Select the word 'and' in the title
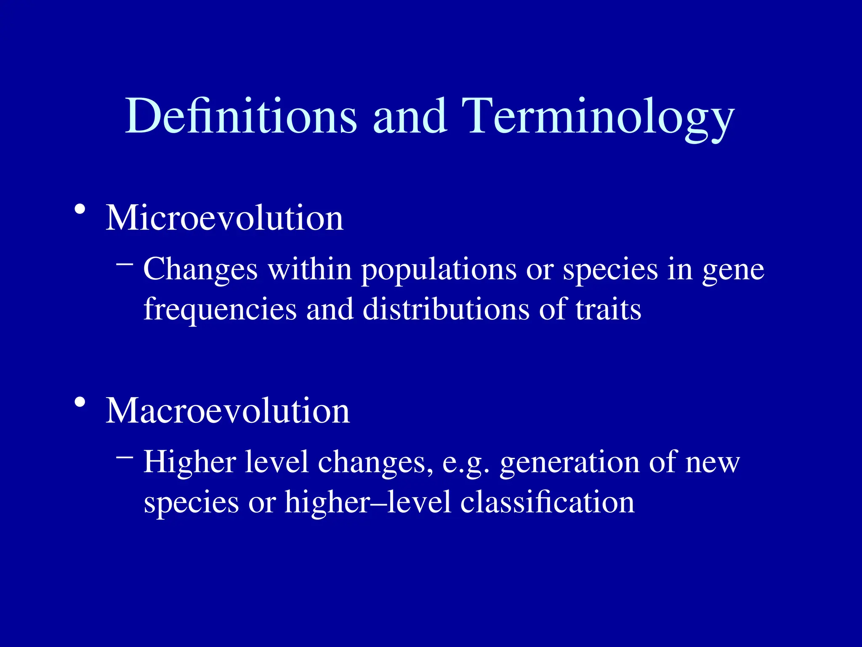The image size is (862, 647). pyautogui.click(x=410, y=116)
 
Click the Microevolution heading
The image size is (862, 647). pyautogui.click(x=224, y=218)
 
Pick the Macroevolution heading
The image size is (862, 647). pyautogui.click(x=227, y=411)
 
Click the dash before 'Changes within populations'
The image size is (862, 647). pyautogui.click(x=125, y=265)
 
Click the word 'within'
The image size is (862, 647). pyautogui.click(x=310, y=269)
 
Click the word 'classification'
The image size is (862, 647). pyautogui.click(x=547, y=502)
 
